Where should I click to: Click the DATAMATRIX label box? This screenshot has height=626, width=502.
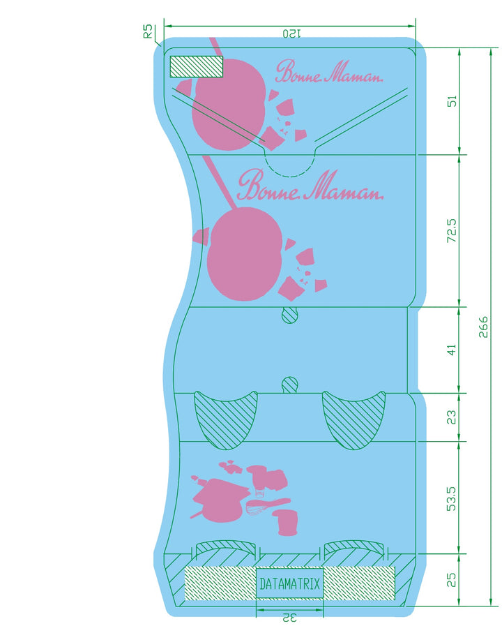289,584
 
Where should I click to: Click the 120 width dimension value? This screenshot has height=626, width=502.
292,33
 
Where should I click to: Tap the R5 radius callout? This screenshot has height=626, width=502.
148,31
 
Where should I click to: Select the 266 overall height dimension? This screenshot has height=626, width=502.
483,327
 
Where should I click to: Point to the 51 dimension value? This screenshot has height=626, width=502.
452,101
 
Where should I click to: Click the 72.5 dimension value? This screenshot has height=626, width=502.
452,231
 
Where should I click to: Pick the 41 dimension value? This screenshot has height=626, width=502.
452,350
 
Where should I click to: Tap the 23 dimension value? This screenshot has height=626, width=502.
452,417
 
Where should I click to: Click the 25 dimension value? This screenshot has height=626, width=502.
452,580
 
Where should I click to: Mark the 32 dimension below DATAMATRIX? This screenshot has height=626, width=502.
290,618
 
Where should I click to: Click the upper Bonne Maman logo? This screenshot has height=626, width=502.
329,72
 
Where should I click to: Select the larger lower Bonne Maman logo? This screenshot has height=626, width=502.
310,185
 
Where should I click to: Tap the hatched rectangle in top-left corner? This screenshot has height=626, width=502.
196,67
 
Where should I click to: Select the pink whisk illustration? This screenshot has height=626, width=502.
268,506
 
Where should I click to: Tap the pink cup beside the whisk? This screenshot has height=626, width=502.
285,522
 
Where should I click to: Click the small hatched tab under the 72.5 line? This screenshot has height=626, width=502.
290,315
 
